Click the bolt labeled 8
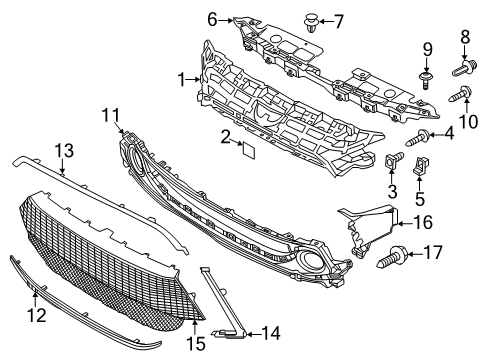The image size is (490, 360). click(467, 68)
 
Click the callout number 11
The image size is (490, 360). click(109, 117)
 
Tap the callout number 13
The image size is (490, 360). click(64, 150)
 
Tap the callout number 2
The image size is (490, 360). click(226, 135)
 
